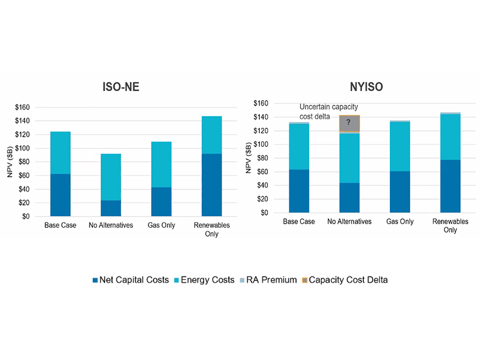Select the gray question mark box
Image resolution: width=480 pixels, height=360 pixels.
[x=349, y=123]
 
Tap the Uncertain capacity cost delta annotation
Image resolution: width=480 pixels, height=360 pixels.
[x=328, y=111]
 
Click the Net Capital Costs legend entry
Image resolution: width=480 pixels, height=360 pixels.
[x=131, y=280]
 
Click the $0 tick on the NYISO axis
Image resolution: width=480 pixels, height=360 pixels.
[x=265, y=213]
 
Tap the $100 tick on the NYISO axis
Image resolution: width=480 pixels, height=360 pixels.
[x=261, y=145]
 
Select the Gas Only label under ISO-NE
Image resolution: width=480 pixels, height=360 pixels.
[x=161, y=225]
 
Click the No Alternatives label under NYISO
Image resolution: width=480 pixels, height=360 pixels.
[x=349, y=221]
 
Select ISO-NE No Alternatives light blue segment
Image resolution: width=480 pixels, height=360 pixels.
[x=110, y=177]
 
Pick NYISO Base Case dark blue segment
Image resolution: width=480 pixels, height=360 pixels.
[x=299, y=191]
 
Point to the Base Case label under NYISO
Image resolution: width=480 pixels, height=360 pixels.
[x=299, y=221]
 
